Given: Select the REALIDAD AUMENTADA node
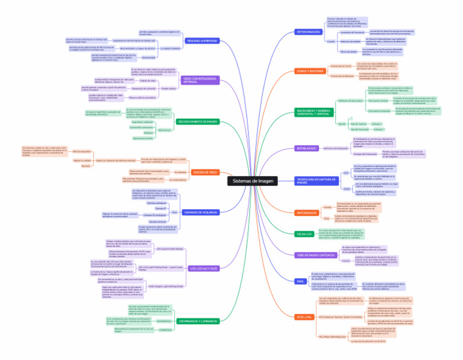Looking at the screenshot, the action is click(x=202, y=40).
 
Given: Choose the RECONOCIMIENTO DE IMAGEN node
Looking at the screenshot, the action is click(x=198, y=121).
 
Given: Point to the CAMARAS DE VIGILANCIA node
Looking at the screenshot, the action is click(x=201, y=213).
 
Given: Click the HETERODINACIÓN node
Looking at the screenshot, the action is click(x=309, y=31).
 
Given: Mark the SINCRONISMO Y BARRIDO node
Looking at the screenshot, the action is click(x=313, y=113).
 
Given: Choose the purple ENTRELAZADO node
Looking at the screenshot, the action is click(x=307, y=148).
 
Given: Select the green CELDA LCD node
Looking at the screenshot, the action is click(x=305, y=233).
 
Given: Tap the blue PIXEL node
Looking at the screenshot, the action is click(x=300, y=281).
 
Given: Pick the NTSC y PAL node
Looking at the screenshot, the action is click(x=304, y=317).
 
